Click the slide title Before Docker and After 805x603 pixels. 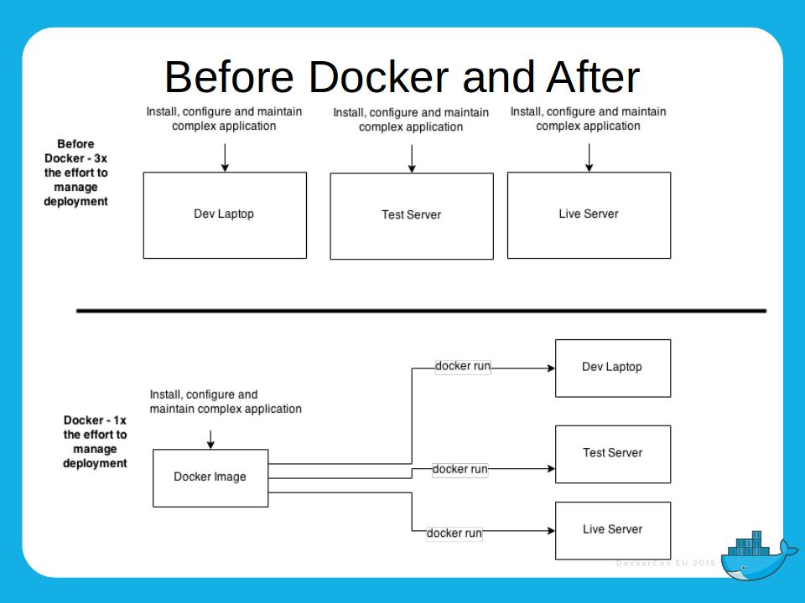click(x=402, y=77)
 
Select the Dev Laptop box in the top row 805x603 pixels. click(x=224, y=214)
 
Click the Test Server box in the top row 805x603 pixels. click(x=411, y=215)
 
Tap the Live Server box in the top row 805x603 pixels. click(x=589, y=214)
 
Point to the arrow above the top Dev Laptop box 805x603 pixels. click(x=225, y=157)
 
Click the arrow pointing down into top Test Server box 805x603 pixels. click(x=411, y=158)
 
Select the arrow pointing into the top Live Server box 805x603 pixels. click(x=589, y=157)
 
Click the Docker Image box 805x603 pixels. click(x=210, y=477)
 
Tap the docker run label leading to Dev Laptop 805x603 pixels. click(x=463, y=367)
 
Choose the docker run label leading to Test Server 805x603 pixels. click(x=460, y=470)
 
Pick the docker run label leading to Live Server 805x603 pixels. click(x=454, y=533)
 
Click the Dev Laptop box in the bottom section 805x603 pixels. click(x=612, y=368)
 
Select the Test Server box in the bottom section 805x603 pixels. click(x=612, y=454)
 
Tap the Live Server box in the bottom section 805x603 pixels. click(x=612, y=530)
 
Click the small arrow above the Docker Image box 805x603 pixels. click(x=210, y=439)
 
